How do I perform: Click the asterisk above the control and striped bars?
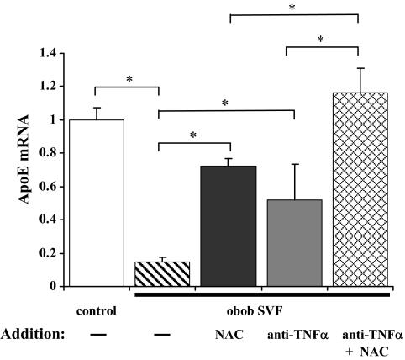129,80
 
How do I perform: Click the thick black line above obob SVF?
261,294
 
